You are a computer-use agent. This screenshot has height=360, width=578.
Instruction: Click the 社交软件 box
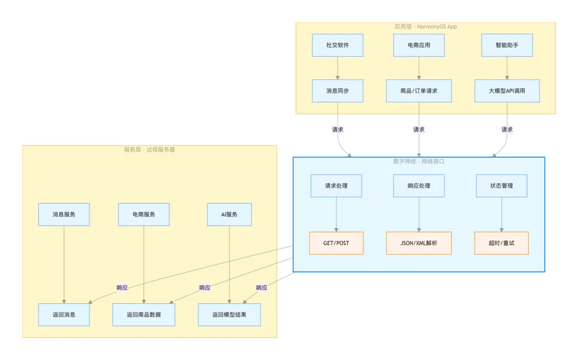(x=337, y=45)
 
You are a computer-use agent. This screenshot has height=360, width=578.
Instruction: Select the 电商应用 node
(x=419, y=45)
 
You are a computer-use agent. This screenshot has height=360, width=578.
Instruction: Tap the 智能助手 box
(x=507, y=45)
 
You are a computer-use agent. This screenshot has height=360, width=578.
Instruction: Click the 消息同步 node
(x=337, y=91)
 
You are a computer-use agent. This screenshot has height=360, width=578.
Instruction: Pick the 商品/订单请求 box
(x=419, y=91)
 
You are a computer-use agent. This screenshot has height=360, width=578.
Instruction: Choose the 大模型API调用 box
(x=507, y=91)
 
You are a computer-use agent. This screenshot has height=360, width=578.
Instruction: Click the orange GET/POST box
(x=336, y=243)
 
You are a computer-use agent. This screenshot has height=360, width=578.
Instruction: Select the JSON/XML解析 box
(x=419, y=243)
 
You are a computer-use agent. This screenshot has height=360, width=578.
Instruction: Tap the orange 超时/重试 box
(x=501, y=243)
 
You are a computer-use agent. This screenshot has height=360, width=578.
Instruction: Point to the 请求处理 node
(x=336, y=186)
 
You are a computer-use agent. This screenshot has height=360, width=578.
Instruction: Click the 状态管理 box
(x=501, y=186)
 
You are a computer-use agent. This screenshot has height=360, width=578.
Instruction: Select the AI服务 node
(x=230, y=214)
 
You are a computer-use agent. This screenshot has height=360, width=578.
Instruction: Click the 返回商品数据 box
(x=144, y=315)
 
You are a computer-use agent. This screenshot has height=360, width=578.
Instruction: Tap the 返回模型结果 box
(x=230, y=315)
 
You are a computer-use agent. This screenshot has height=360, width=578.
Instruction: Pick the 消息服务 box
(x=64, y=214)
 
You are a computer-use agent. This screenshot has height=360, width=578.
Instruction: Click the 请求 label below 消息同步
(x=337, y=129)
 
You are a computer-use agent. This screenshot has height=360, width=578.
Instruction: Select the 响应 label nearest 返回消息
(x=122, y=287)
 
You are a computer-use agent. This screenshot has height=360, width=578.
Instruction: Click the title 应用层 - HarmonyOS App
(x=425, y=26)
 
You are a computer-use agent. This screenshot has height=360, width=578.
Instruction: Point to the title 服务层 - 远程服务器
(x=150, y=149)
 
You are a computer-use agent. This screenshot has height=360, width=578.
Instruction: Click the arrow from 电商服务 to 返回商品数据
(x=144, y=263)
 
